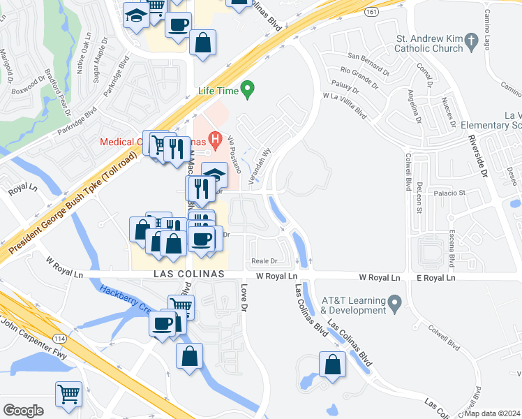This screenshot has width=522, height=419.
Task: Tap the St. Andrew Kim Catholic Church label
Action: (428, 43)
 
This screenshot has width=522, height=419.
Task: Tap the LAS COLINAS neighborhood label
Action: (188, 274)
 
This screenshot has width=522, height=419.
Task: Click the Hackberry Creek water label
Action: (123, 298)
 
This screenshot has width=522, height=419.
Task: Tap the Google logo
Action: (23, 411)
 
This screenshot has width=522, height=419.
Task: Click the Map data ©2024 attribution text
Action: (493, 413)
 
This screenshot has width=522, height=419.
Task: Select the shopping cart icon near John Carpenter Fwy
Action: (68, 395)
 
